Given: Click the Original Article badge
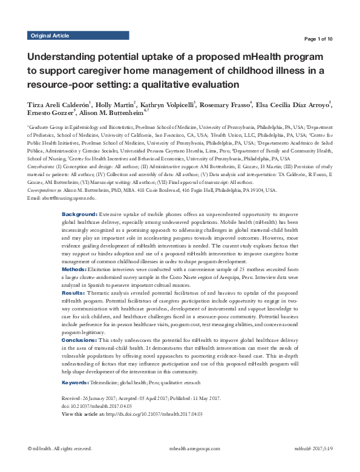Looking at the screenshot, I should tap(50, 36).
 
